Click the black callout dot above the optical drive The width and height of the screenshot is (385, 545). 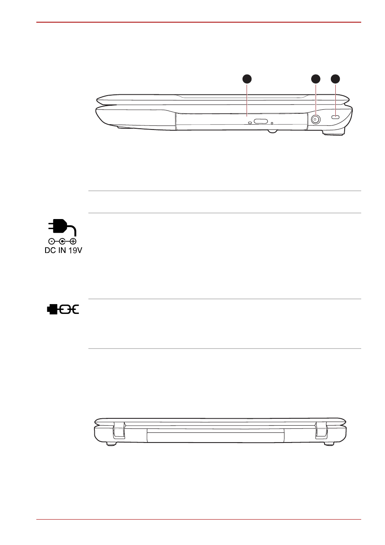coord(247,79)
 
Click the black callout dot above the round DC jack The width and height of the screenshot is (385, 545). coord(316,79)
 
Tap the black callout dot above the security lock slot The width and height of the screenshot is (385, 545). coord(336,79)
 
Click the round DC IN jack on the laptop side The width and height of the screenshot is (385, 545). coord(316,119)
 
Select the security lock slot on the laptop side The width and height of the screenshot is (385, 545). coord(336,117)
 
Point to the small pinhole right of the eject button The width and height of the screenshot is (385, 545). coord(272,123)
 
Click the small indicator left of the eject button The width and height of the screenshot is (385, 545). coord(250,123)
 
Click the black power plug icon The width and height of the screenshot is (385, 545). coord(62,227)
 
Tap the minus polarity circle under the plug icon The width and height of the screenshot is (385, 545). coord(51,241)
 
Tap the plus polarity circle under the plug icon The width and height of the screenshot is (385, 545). coord(73,241)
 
